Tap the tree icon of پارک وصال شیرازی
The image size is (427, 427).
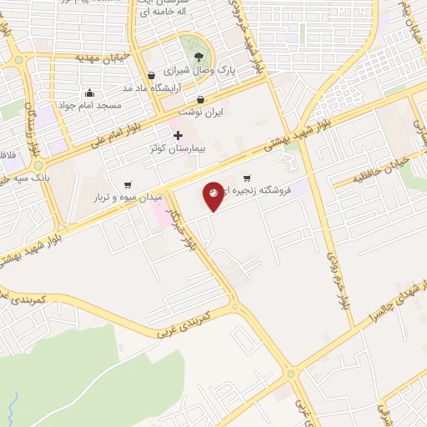[198, 57]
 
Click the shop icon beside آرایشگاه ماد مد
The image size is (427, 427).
[150, 75]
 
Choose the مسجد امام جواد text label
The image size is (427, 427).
[89, 106]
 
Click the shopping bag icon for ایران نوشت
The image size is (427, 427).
[200, 98]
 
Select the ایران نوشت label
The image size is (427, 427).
[201, 111]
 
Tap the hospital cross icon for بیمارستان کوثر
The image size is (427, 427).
[178, 134]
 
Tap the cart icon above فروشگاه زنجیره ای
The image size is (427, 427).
[247, 178]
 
